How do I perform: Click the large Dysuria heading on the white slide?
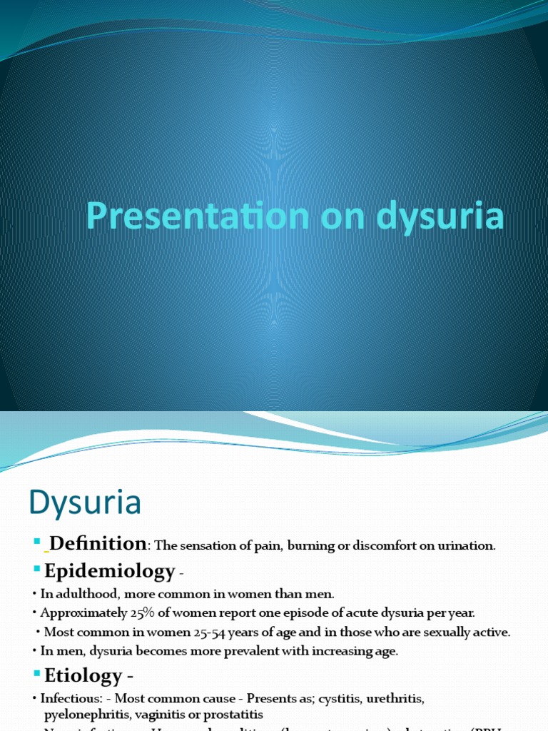(x=85, y=503)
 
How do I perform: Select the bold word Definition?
(x=98, y=544)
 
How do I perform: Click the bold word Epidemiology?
(x=110, y=571)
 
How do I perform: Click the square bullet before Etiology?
(x=37, y=674)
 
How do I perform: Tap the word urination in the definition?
(x=466, y=546)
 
